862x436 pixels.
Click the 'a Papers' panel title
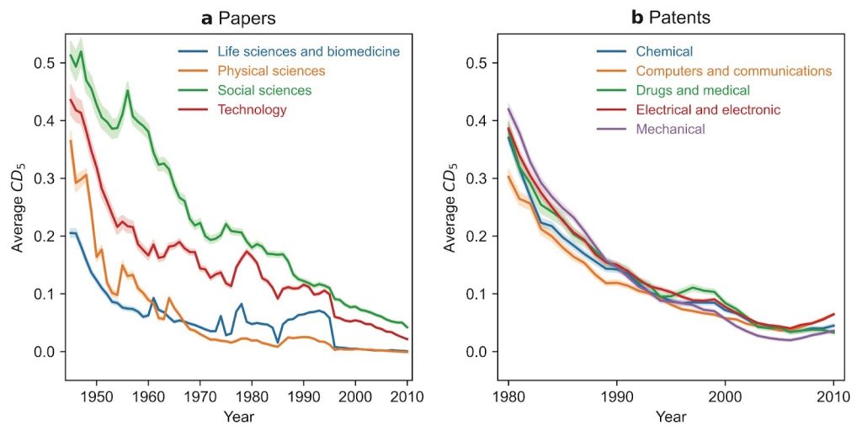pyautogui.click(x=238, y=19)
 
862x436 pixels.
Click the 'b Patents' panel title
pyautogui.click(x=670, y=19)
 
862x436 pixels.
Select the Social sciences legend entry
pyautogui.click(x=245, y=90)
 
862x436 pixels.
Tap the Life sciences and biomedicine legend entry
pyautogui.click(x=290, y=51)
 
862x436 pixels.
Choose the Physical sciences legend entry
pyautogui.click(x=252, y=71)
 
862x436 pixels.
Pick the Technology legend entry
pyautogui.click(x=232, y=109)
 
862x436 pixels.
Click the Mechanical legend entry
pyautogui.click(x=651, y=130)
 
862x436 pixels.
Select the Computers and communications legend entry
pyautogui.click(x=715, y=71)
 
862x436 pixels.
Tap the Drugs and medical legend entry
pyautogui.click(x=673, y=90)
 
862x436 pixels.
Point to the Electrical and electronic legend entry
pyautogui.click(x=689, y=109)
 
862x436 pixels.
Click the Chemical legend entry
pyautogui.click(x=645, y=51)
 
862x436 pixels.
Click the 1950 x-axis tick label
pyautogui.click(x=97, y=396)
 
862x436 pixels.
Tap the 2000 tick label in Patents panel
pyautogui.click(x=725, y=396)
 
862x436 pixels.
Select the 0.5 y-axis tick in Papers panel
pyautogui.click(x=45, y=63)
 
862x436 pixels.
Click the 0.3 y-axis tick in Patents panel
pyautogui.click(x=477, y=178)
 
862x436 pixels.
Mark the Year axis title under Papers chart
pyautogui.click(x=238, y=417)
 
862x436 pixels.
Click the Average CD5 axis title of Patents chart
pyautogui.click(x=450, y=207)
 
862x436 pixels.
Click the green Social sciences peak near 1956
pyautogui.click(x=128, y=91)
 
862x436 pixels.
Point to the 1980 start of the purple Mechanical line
pyautogui.click(x=508, y=109)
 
